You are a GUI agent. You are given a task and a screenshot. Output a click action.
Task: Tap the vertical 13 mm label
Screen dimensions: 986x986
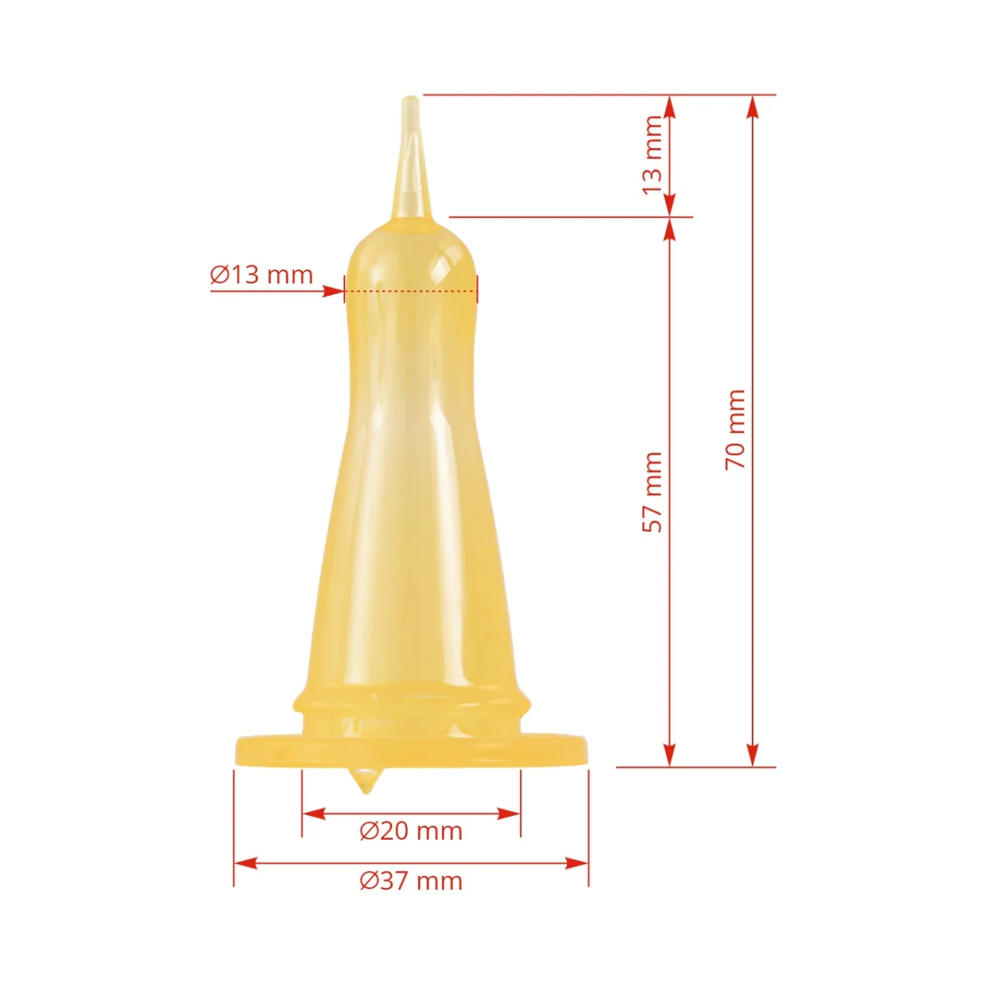(652, 154)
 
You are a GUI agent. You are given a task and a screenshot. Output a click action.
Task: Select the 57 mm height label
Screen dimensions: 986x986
(652, 492)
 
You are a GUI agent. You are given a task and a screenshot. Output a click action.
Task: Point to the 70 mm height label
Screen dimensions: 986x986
(735, 430)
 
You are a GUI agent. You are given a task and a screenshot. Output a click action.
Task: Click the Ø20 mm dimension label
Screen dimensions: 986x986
(411, 831)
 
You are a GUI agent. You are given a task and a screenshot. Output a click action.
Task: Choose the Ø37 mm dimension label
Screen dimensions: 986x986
(411, 881)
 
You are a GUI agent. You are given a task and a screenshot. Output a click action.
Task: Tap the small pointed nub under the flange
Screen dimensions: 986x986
(366, 781)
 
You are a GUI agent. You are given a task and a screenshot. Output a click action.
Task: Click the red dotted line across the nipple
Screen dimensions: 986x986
(411, 290)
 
